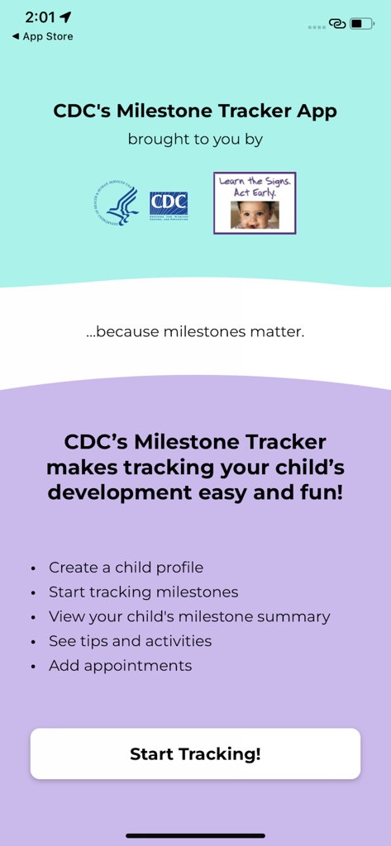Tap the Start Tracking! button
coord(195,753)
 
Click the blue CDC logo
coord(169,206)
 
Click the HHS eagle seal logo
coord(117,206)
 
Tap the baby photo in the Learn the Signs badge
coord(255,215)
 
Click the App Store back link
coord(42,36)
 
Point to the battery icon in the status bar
coord(361,23)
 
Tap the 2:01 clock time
coord(40,17)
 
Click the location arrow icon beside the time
coord(66,17)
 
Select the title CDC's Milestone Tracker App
coord(195,111)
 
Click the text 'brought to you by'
coord(195,139)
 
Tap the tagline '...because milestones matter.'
coord(195,332)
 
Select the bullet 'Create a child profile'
coord(126,568)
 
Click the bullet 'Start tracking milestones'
coord(143,592)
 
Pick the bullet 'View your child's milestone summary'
coord(189,616)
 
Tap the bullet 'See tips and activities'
coord(130,641)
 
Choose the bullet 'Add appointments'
coord(120,665)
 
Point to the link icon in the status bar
coord(337,23)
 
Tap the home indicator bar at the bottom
coord(195,835)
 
